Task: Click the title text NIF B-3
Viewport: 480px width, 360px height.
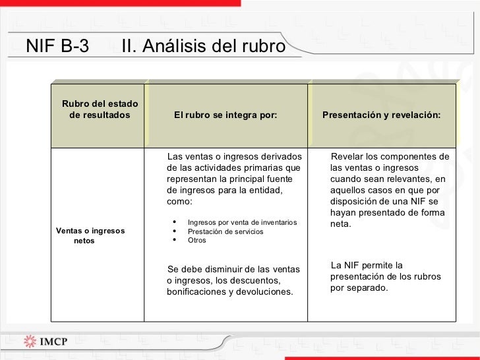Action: (57, 46)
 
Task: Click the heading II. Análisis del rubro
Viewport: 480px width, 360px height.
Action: (204, 47)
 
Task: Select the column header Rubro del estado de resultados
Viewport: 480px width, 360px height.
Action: (100, 109)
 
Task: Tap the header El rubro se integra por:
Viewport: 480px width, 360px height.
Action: (225, 115)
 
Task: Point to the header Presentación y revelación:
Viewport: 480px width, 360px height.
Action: (381, 115)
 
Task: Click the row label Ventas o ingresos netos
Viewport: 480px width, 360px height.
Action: (90, 236)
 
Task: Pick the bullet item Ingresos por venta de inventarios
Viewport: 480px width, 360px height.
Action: (242, 222)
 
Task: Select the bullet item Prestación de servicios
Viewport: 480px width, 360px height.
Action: (225, 231)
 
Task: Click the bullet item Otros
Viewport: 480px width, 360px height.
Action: (196, 240)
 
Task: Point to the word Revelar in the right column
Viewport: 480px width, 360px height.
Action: (346, 156)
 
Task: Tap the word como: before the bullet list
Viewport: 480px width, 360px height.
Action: (179, 201)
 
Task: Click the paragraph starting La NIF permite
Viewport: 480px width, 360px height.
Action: (385, 276)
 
